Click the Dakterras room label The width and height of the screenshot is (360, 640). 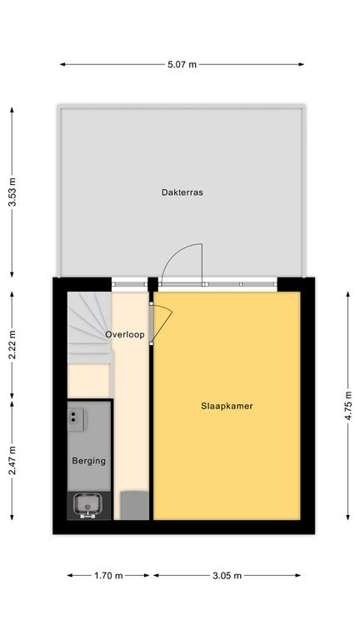point(182,192)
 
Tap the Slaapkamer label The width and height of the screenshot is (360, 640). point(227,406)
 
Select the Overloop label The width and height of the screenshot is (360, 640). point(125,335)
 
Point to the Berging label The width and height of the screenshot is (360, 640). point(88,461)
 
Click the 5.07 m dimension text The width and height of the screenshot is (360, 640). point(182,64)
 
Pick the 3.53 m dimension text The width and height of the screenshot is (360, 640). point(12,192)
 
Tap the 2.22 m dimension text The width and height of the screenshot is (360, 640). point(12,344)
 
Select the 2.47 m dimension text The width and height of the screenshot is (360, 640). point(12,460)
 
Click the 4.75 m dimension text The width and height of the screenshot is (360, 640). point(348,406)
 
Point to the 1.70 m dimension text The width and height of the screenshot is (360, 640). point(108,576)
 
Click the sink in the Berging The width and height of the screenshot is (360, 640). point(87,505)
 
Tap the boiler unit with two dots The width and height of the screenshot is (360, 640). point(76,419)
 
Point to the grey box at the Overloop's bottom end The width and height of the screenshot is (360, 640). point(134,505)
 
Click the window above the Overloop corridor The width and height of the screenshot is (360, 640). point(129,284)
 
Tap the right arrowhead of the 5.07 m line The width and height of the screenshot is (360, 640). point(301,64)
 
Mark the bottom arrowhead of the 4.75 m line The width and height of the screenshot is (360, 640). point(348,517)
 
